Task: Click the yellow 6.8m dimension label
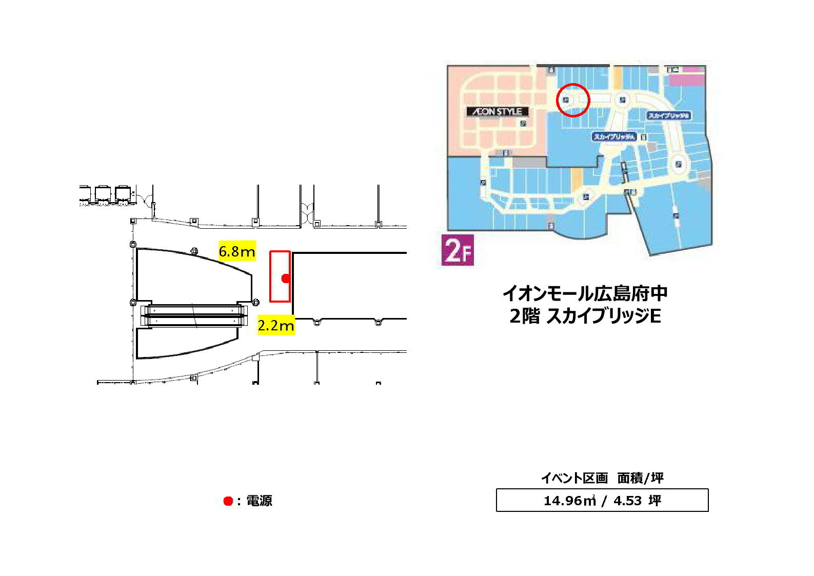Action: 237,251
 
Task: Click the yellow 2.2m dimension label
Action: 276,325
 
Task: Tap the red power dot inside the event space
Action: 286,278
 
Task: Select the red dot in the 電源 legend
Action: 228,501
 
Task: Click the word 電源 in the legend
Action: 260,501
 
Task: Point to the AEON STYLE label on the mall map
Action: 497,111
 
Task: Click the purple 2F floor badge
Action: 458,250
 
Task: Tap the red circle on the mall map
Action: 573,100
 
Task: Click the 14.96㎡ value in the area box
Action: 569,501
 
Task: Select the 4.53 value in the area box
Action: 627,501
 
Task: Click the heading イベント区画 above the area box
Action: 574,478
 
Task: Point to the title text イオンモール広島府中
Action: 585,293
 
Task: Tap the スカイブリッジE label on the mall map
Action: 668,116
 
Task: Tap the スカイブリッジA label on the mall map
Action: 614,137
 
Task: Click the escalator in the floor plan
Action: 194,316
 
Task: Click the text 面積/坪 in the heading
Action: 641,478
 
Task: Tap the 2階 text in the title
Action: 524,316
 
